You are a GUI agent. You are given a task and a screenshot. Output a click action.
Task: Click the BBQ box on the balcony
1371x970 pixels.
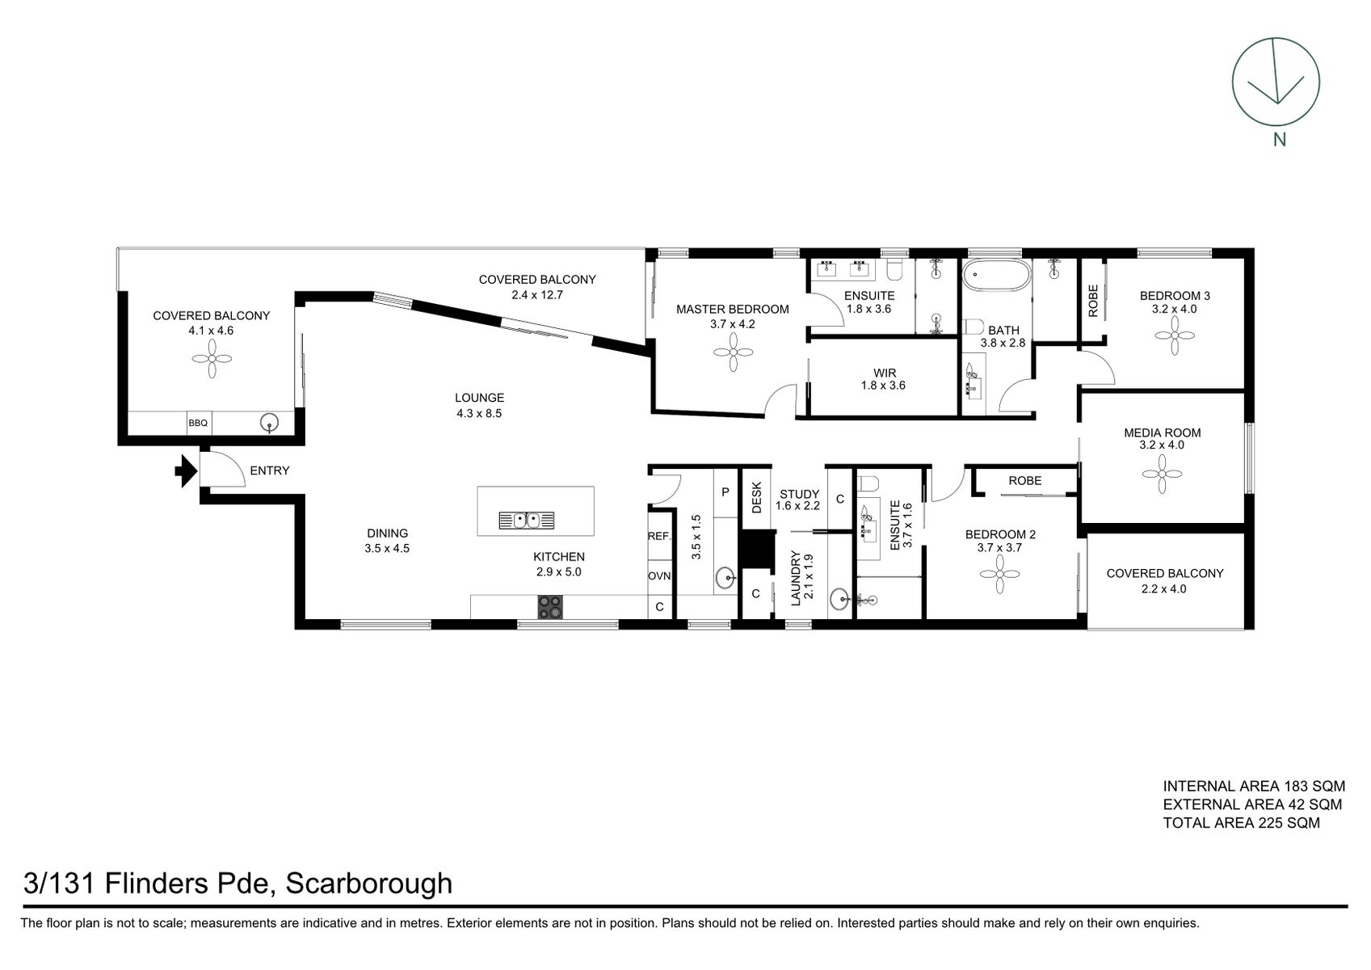pyautogui.click(x=198, y=423)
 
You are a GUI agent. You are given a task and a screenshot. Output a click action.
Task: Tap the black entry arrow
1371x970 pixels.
pyautogui.click(x=186, y=470)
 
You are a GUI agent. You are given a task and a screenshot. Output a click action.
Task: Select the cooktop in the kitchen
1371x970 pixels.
pyautogui.click(x=551, y=606)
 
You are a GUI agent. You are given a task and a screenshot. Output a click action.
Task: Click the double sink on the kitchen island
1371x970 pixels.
pyautogui.click(x=525, y=520)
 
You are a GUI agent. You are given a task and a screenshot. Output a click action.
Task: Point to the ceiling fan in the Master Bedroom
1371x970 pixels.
pyautogui.click(x=732, y=352)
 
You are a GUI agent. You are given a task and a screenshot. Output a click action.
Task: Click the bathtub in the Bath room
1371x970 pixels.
pyautogui.click(x=996, y=276)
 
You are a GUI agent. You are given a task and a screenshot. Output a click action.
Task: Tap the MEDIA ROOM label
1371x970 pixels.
pyautogui.click(x=1162, y=432)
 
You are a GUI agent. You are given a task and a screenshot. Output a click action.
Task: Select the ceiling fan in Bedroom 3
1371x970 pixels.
pyautogui.click(x=1175, y=335)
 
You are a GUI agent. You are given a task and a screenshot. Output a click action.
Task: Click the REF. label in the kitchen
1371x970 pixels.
pyautogui.click(x=659, y=536)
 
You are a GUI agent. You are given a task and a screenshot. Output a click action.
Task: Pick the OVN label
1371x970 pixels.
pyautogui.click(x=659, y=576)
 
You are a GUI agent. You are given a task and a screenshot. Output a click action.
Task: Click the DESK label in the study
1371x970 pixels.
pyautogui.click(x=757, y=498)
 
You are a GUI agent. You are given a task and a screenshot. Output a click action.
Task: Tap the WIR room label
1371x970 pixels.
pyautogui.click(x=884, y=373)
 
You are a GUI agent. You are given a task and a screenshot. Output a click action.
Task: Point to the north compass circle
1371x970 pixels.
pyautogui.click(x=1275, y=82)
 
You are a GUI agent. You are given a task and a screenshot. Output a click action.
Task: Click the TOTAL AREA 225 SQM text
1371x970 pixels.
pyautogui.click(x=1241, y=823)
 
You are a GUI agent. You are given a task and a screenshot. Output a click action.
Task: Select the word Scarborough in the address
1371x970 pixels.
pyautogui.click(x=368, y=883)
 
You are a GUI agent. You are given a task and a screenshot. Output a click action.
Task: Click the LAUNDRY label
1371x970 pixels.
pyautogui.click(x=795, y=579)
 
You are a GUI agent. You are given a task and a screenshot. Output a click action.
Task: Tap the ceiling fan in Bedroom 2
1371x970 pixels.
pyautogui.click(x=1000, y=575)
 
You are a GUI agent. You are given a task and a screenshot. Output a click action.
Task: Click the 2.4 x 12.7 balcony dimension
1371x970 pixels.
pyautogui.click(x=536, y=295)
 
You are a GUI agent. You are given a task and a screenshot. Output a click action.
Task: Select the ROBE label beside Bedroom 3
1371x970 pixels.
pyautogui.click(x=1093, y=300)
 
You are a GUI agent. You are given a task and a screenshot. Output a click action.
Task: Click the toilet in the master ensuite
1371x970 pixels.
pyautogui.click(x=894, y=268)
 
